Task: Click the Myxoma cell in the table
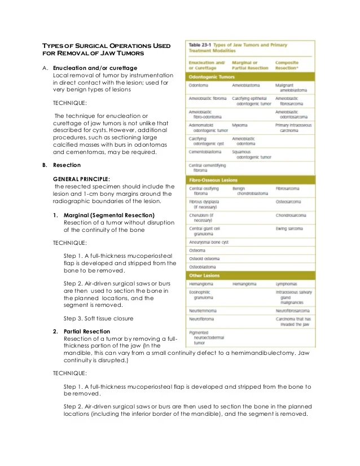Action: (240, 125)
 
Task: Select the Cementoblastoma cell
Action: (205, 152)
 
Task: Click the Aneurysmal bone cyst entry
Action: (209, 241)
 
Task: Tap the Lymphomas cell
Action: (287, 284)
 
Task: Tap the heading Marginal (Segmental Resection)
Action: (109, 215)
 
